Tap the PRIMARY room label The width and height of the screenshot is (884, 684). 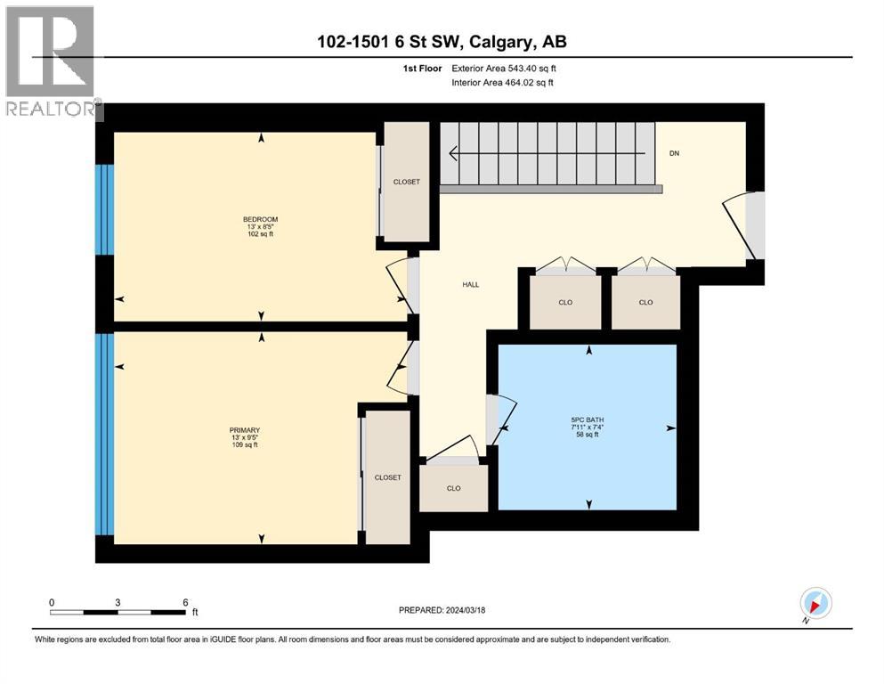click(244, 429)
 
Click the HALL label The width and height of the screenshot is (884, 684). click(470, 284)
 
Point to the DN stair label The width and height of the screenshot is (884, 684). click(675, 152)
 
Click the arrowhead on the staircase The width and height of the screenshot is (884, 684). click(455, 154)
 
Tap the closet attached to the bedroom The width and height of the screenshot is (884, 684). click(406, 182)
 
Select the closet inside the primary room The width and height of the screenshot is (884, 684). click(387, 477)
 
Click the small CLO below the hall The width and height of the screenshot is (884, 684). click(453, 488)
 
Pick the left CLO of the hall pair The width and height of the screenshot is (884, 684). click(565, 302)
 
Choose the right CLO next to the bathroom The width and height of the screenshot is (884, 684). click(645, 302)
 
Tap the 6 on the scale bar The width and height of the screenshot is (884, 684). click(184, 602)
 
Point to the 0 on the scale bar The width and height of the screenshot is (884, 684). click(52, 602)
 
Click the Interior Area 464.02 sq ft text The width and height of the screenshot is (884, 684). click(503, 83)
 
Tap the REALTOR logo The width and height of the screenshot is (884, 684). click(51, 62)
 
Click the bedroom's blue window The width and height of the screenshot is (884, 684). click(105, 210)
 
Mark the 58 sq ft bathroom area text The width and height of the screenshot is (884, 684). click(588, 435)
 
